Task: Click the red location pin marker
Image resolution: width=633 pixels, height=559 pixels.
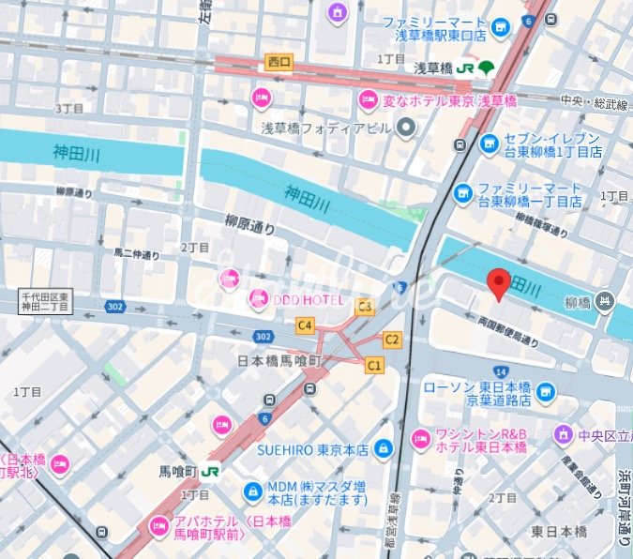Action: (498, 282)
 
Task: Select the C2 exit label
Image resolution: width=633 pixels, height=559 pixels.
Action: (392, 339)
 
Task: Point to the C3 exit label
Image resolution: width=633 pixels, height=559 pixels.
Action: (365, 306)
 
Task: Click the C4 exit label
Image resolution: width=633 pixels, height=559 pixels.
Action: (305, 325)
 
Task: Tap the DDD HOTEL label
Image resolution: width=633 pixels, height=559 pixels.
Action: (298, 299)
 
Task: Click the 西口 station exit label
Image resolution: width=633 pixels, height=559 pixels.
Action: (279, 62)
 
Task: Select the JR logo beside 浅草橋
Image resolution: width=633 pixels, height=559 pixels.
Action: (467, 68)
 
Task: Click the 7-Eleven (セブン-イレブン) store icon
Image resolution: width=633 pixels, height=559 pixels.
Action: (489, 144)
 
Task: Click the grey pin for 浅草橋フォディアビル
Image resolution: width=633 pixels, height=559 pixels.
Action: (406, 128)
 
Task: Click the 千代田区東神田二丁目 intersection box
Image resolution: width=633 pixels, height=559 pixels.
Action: (46, 300)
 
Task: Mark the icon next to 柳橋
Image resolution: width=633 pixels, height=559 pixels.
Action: (605, 301)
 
